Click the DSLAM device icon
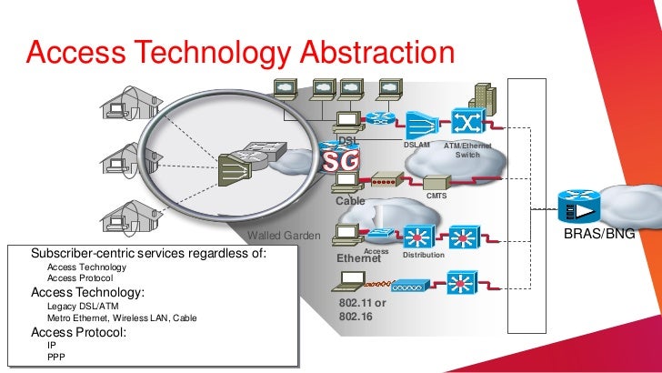[421, 124]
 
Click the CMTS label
[436, 195]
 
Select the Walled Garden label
[284, 236]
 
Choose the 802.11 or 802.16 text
[362, 309]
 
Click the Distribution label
[423, 255]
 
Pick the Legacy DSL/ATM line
[84, 307]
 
